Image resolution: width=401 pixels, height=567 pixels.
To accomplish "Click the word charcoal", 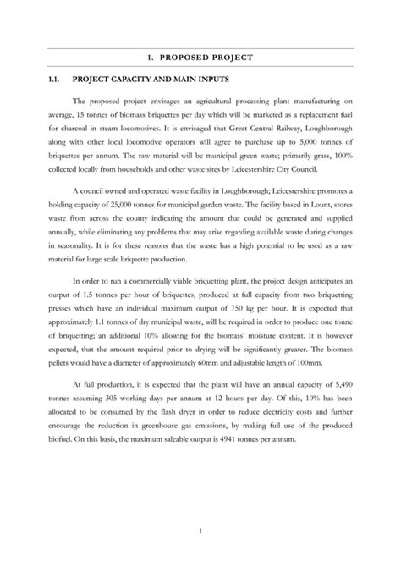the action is pyautogui.click(x=81, y=135).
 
